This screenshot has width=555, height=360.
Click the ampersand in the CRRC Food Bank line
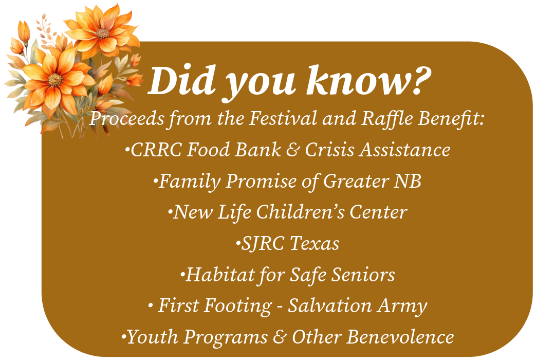tap(293, 150)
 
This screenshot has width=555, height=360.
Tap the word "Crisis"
tap(329, 150)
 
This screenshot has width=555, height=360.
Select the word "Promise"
tap(261, 181)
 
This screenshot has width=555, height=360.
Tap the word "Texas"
tap(314, 243)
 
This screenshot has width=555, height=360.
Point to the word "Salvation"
tap(330, 305)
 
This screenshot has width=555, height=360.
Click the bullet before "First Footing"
tap(151, 306)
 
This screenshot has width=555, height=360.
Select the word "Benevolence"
tap(400, 337)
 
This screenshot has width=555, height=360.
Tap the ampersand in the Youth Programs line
tap(280, 337)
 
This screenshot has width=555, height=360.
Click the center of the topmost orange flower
tap(103, 33)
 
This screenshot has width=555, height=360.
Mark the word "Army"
tap(402, 306)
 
